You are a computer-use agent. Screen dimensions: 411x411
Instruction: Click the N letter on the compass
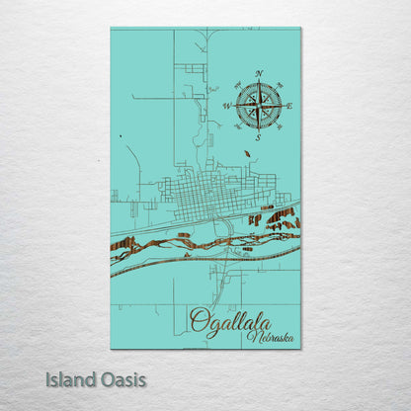(259, 74)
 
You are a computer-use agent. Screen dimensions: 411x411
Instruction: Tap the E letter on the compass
(289, 105)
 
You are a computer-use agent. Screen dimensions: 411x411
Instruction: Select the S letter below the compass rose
(258, 137)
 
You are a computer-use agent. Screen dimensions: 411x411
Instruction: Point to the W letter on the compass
(226, 105)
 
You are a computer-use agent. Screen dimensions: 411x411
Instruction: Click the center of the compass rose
(258, 105)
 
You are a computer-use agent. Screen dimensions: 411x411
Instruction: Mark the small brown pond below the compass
(246, 153)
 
